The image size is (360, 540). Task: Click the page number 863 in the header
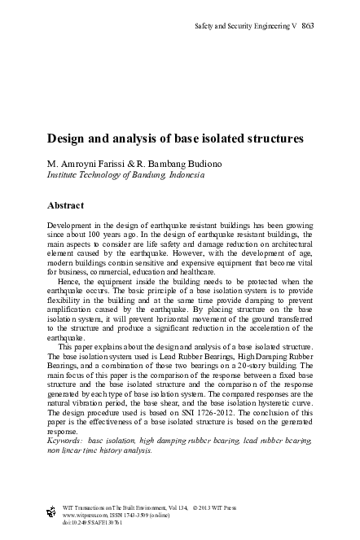coord(308,25)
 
